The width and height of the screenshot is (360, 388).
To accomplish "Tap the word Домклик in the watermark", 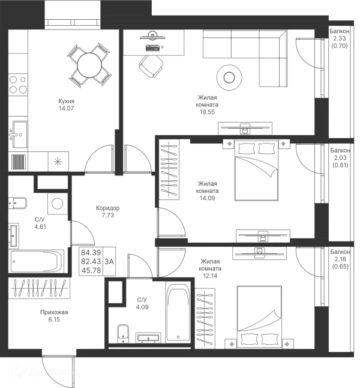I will [54, 372].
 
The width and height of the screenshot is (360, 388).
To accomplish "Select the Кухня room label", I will [67, 105].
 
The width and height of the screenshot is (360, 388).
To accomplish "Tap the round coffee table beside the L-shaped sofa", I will [230, 76].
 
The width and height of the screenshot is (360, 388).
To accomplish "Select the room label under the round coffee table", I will [208, 103].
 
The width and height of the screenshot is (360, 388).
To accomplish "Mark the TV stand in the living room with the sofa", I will [244, 128].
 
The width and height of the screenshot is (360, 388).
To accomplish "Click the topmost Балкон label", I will [340, 37].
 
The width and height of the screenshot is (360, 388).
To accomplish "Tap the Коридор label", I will [106, 210].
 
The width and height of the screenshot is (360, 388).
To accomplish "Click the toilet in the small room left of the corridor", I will [58, 205].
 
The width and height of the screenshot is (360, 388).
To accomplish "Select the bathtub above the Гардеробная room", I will [36, 262].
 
